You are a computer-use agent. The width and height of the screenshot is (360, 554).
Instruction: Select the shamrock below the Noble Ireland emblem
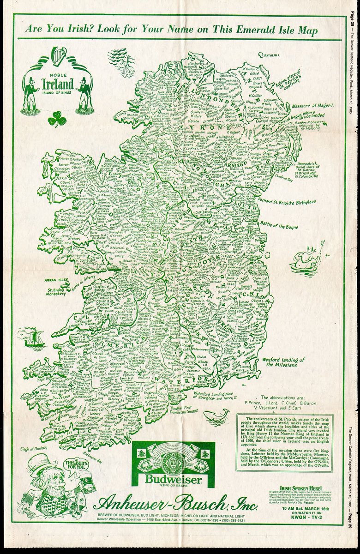pos(57,120)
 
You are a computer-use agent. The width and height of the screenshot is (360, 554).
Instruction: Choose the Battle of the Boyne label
pos(279,226)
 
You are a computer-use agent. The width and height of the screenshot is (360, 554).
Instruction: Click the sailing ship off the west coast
pos(33,338)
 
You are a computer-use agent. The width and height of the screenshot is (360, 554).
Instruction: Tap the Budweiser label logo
pos(174,464)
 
